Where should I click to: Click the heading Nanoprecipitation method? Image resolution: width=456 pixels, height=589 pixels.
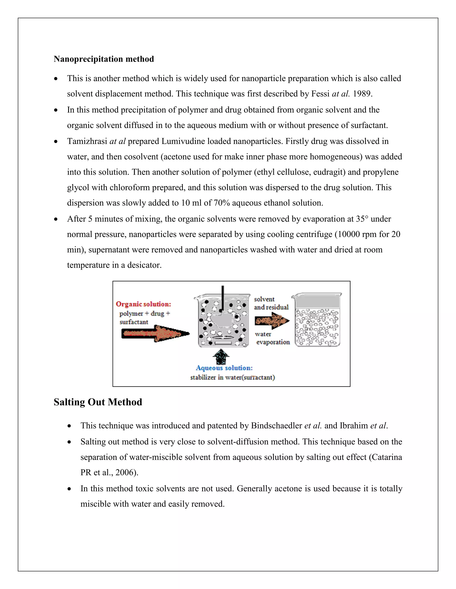coord(104,59)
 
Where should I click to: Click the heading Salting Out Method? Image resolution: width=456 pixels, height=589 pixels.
coord(98,402)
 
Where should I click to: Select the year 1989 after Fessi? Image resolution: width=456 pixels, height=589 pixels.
coord(362,94)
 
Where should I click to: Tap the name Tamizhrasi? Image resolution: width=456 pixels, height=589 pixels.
coord(87,141)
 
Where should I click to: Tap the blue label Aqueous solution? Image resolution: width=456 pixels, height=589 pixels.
coord(224,368)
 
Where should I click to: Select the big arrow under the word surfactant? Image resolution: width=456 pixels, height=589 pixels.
coord(155,334)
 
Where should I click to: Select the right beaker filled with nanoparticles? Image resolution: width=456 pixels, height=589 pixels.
coord(317,321)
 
